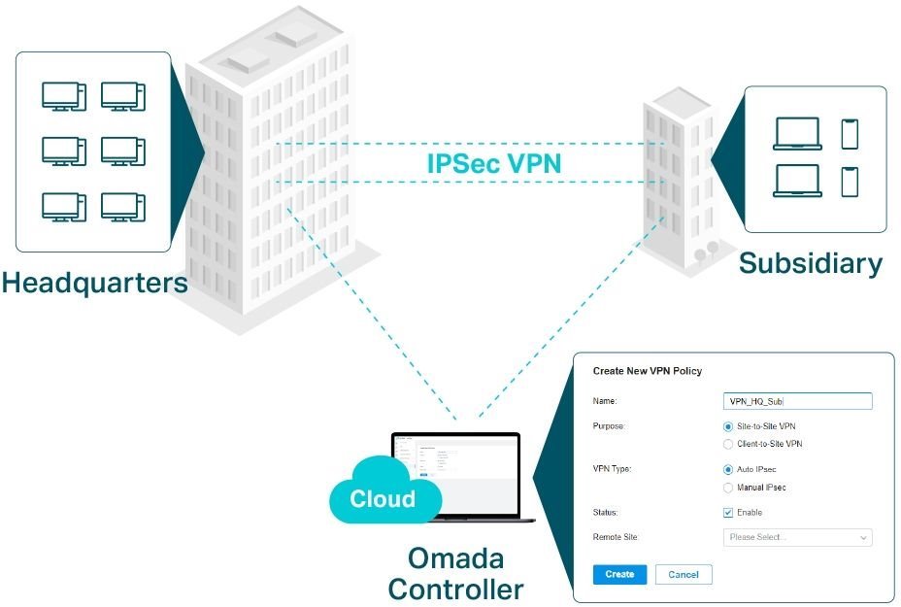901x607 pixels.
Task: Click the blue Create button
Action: pos(619,574)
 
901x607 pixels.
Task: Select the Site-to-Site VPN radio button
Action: pos(729,426)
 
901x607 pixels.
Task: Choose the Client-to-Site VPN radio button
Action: pos(729,444)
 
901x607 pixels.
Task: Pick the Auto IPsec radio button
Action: pos(729,469)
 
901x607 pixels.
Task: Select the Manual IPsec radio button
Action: pos(729,488)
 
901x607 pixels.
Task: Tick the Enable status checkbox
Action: pos(729,513)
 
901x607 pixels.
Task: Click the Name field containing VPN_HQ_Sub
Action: pos(798,401)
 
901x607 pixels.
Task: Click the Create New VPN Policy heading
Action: pos(647,371)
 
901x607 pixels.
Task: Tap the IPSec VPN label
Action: pos(494,162)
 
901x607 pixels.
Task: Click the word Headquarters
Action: pos(94,283)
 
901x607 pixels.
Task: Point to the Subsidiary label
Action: pos(811,263)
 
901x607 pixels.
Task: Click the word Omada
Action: pos(454,558)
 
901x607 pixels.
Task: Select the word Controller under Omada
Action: pos(455,589)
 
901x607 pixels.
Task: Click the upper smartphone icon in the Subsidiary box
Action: pos(850,134)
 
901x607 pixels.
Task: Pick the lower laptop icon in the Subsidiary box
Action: pos(797,182)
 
